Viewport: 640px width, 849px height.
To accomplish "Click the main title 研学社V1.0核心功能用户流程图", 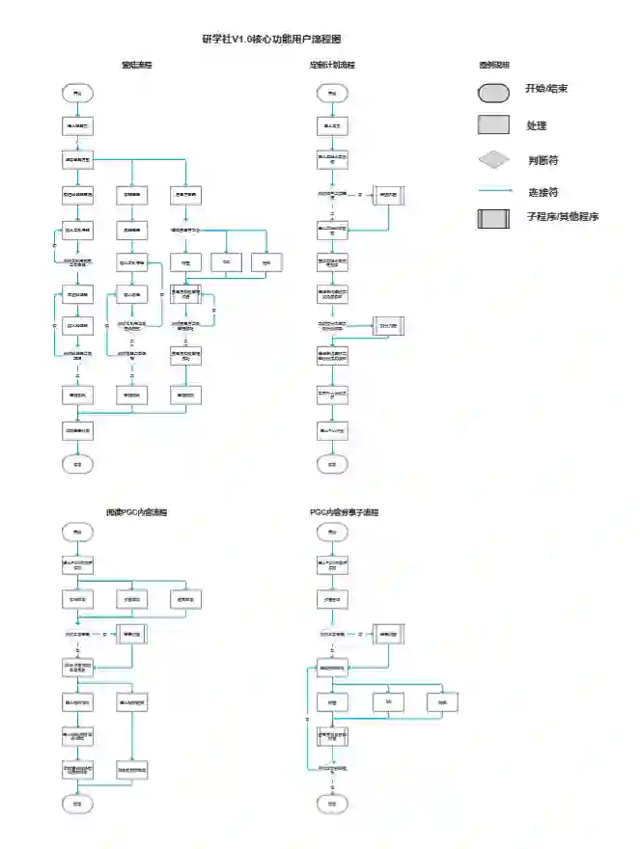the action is (271, 39).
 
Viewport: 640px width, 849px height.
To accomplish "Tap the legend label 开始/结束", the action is (546, 89).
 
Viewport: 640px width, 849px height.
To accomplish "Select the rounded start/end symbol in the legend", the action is (494, 93).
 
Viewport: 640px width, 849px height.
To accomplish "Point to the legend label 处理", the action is (537, 126).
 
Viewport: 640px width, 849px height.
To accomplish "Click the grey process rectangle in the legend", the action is (494, 125).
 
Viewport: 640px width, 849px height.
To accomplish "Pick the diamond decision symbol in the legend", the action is (494, 159).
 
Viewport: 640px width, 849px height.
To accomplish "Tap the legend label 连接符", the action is (543, 192).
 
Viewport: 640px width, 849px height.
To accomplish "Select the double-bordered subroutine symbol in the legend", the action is (494, 218).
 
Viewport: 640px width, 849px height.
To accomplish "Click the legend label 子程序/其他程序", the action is (563, 217).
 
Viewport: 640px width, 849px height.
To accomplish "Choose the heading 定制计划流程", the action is (332, 66).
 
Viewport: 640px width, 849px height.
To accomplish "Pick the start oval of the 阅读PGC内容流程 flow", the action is (76, 532).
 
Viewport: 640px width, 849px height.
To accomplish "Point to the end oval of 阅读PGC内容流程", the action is (76, 803).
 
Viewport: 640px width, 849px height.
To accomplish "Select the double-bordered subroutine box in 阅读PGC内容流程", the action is (132, 635).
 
